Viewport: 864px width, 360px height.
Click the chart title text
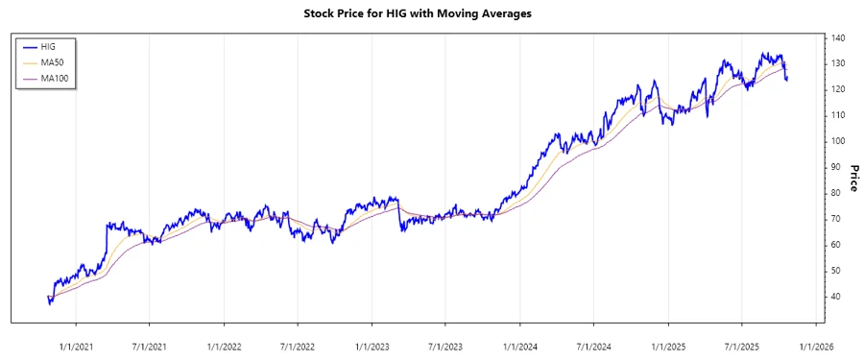point(430,14)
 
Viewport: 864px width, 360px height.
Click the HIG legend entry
point(48,46)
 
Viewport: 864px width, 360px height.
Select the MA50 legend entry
point(52,62)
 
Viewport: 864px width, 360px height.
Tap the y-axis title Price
point(853,179)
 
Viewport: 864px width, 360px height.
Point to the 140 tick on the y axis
point(839,37)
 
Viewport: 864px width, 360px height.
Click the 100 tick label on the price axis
point(839,141)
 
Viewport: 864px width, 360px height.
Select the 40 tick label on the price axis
point(836,297)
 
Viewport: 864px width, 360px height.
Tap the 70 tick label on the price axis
point(836,219)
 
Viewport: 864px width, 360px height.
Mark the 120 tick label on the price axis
point(839,89)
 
